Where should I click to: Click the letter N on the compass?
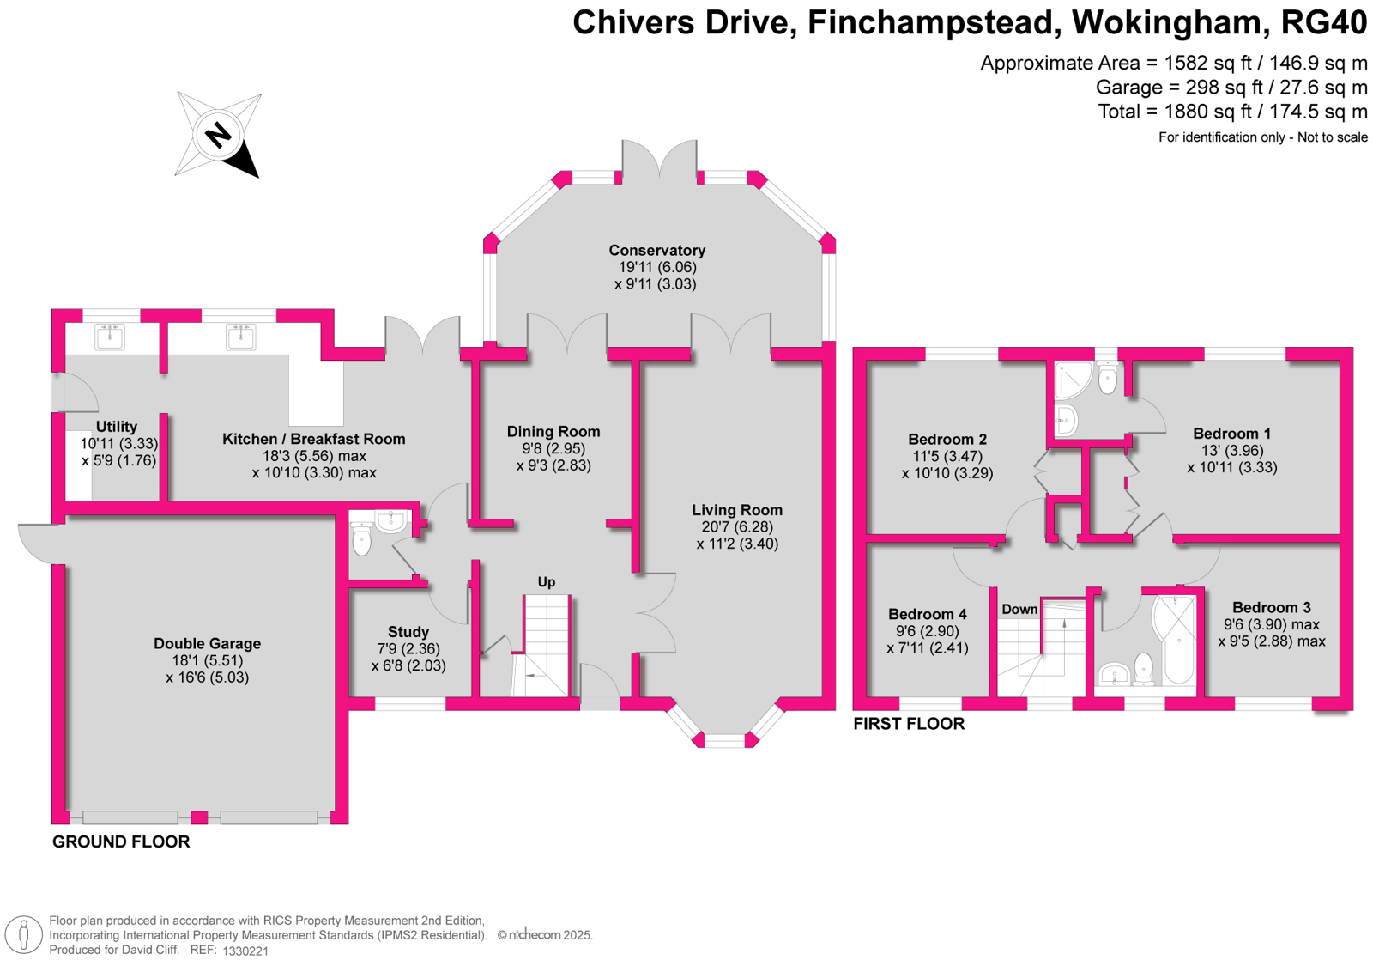pyautogui.click(x=218, y=135)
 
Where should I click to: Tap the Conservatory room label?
pyautogui.click(x=656, y=250)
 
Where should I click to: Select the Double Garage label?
pyautogui.click(x=207, y=643)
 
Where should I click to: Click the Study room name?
pyautogui.click(x=408, y=632)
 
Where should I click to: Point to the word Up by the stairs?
pyautogui.click(x=546, y=582)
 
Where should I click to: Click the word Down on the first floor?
pyautogui.click(x=1019, y=609)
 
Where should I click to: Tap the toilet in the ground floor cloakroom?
pyautogui.click(x=361, y=538)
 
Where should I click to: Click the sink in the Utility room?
pyautogui.click(x=110, y=337)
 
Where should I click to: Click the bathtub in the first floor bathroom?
pyautogui.click(x=1174, y=640)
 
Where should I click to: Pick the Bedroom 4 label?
pyautogui.click(x=928, y=614)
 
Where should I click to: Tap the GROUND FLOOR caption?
pyautogui.click(x=121, y=842)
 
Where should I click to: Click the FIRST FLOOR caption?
pyautogui.click(x=909, y=724)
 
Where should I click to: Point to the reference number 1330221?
pyautogui.click(x=245, y=951)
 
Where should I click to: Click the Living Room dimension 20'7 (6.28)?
pyautogui.click(x=737, y=527)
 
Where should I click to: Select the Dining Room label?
pyautogui.click(x=553, y=432)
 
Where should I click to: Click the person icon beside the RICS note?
pyautogui.click(x=24, y=935)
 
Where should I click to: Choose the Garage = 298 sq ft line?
pyautogui.click(x=1231, y=87)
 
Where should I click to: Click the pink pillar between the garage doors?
pyautogui.click(x=199, y=817)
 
